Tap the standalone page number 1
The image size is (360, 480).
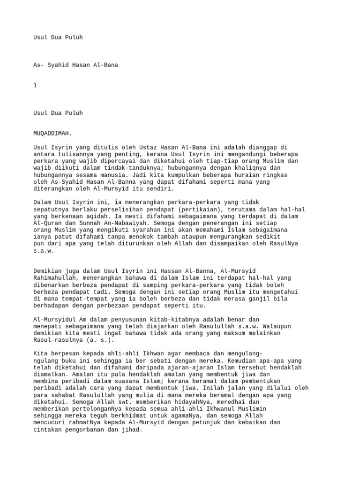click(35, 86)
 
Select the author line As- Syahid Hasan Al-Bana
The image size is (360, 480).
click(75, 65)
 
